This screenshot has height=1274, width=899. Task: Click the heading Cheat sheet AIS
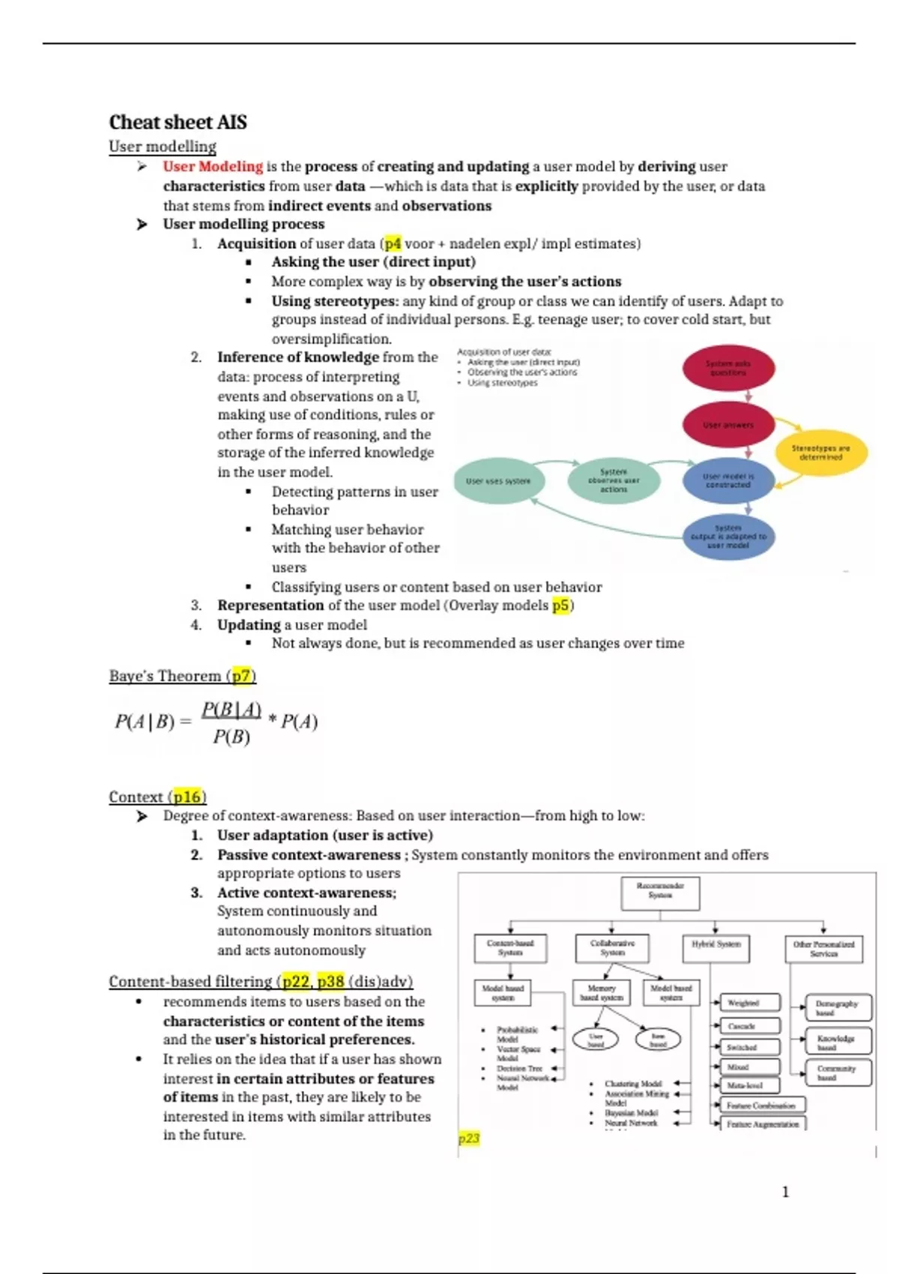point(178,122)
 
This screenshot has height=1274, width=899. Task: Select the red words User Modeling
point(213,166)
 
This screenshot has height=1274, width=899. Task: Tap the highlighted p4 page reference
point(393,244)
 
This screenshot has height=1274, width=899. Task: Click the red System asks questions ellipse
point(727,368)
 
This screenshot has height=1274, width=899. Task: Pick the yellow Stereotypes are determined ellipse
point(820,452)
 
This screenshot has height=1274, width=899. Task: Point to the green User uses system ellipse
point(498,481)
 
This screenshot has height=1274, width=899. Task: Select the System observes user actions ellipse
point(614,480)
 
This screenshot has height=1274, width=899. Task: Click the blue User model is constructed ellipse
point(727,480)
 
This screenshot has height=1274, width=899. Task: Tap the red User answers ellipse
point(727,425)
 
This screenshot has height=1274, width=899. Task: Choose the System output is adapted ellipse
point(727,537)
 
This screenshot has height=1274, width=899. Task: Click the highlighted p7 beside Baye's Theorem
point(241,676)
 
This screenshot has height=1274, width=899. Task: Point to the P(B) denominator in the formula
point(231,737)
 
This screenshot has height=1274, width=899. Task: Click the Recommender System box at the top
point(660,891)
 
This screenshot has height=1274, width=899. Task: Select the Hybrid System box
point(715,946)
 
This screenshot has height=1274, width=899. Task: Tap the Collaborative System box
point(612,948)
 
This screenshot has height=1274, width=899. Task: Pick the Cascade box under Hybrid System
point(749,1026)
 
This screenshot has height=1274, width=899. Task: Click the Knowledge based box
point(838,1041)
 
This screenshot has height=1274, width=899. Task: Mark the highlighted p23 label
point(469,1139)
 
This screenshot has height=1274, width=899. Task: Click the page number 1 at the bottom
point(785,1192)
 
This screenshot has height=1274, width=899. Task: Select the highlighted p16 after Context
point(187,797)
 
